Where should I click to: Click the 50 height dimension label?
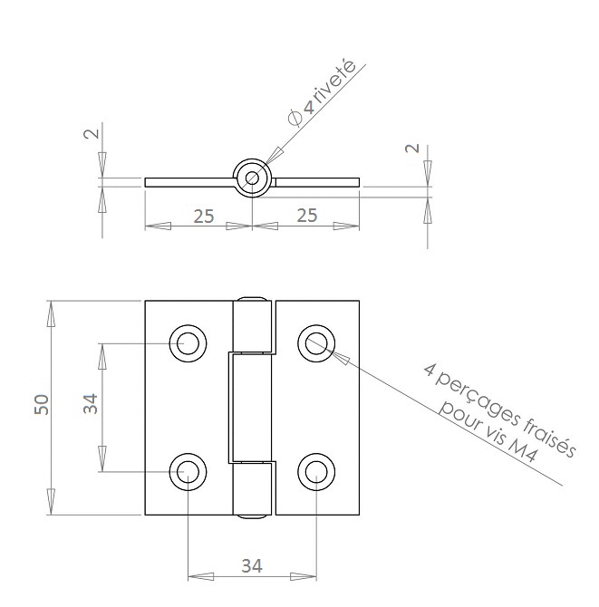(x=42, y=405)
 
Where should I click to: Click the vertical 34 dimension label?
(x=91, y=404)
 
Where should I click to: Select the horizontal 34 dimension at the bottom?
(x=252, y=566)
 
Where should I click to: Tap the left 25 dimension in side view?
(x=204, y=217)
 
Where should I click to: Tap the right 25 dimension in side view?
(x=307, y=216)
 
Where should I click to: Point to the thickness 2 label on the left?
(x=92, y=134)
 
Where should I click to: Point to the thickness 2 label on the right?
(x=412, y=148)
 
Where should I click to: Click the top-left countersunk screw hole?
(x=188, y=343)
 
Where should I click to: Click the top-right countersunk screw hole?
(x=316, y=343)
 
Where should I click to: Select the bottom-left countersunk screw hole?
(x=188, y=472)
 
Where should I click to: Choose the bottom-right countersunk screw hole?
(x=316, y=472)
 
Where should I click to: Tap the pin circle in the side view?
(x=253, y=178)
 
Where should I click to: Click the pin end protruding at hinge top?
(x=252, y=299)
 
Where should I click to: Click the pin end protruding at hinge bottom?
(x=252, y=516)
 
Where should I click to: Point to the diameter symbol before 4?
(x=295, y=118)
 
